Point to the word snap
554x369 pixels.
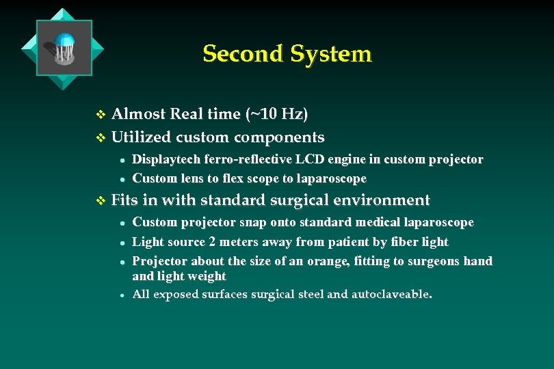[x=241, y=223]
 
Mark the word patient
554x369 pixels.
[x=337, y=242]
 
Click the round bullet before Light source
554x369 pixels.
[x=121, y=243]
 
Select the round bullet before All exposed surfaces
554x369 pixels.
[x=121, y=295]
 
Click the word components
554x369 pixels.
[x=279, y=137]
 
